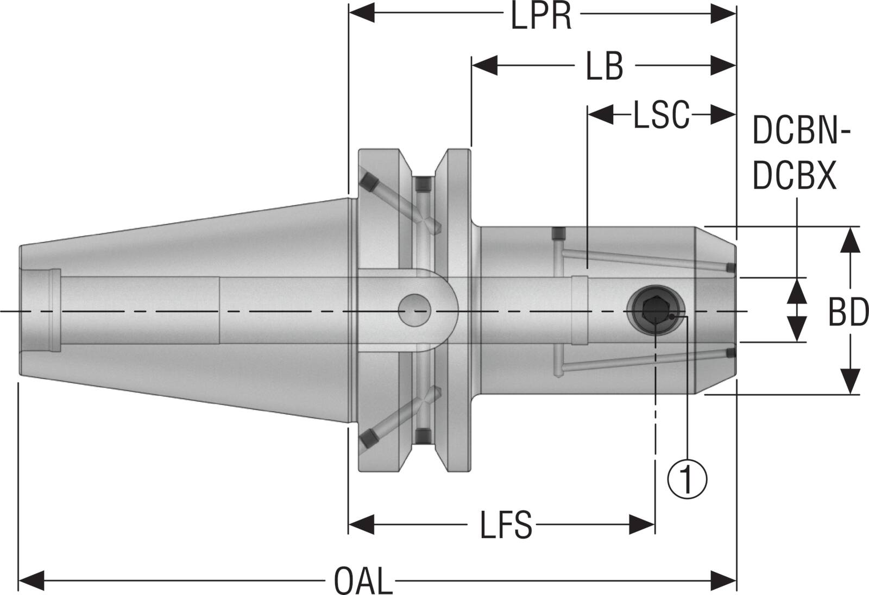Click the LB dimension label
coord(604,67)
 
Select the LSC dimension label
coord(661,115)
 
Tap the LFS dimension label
coord(505,525)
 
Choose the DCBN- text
coord(801,132)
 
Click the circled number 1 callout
coord(687,478)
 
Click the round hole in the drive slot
coord(414,311)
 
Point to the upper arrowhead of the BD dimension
coord(850,240)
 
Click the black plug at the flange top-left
coord(368,181)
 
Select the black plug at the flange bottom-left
coord(368,438)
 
